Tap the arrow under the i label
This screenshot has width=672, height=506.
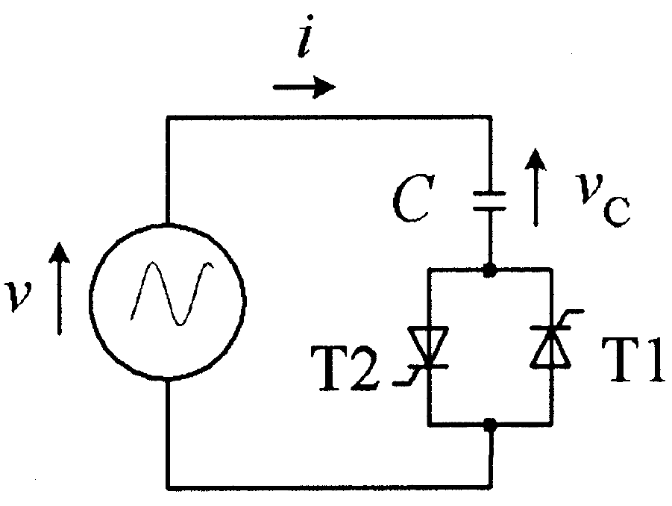[x=304, y=87]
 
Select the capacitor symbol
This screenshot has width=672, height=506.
[x=490, y=201]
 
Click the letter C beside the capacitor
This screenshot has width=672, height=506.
[x=412, y=198]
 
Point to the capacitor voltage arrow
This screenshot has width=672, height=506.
[x=536, y=187]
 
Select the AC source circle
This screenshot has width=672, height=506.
[x=168, y=302]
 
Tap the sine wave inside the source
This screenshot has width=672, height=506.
[x=172, y=293]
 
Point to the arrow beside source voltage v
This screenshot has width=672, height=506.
[x=59, y=288]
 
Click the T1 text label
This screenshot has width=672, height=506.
[x=633, y=359]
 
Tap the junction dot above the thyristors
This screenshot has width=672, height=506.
[x=490, y=270]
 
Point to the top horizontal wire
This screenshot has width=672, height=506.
[x=329, y=116]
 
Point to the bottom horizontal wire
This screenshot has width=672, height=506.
[x=329, y=487]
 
